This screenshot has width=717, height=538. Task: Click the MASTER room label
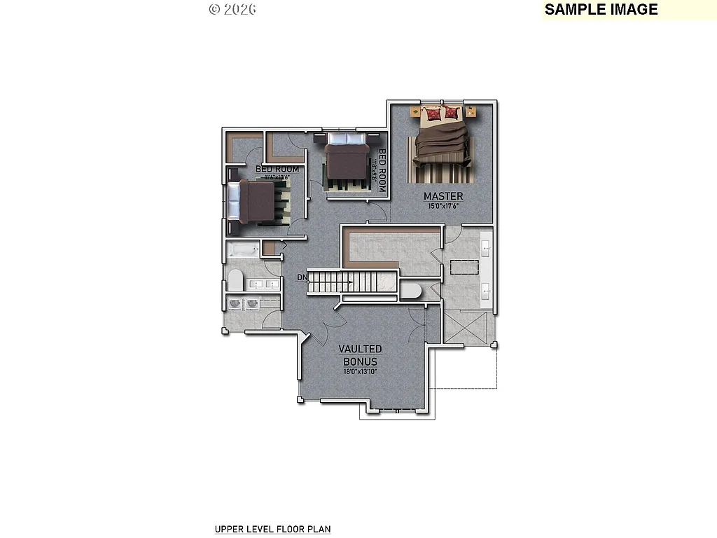[443, 196]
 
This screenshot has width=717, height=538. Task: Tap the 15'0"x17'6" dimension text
[443, 206]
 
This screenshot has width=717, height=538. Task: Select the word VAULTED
[360, 349]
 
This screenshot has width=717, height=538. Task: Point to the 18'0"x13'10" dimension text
[360, 371]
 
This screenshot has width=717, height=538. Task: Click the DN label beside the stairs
[302, 277]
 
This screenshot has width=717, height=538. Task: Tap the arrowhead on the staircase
[349, 283]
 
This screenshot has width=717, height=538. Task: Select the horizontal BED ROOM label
[277, 170]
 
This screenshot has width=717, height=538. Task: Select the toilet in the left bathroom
[235, 282]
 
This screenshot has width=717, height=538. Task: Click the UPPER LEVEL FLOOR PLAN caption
[272, 530]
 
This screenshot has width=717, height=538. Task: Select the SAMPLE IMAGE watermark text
[601, 10]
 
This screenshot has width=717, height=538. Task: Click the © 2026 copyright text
[232, 9]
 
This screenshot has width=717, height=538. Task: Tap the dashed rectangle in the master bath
[464, 268]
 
